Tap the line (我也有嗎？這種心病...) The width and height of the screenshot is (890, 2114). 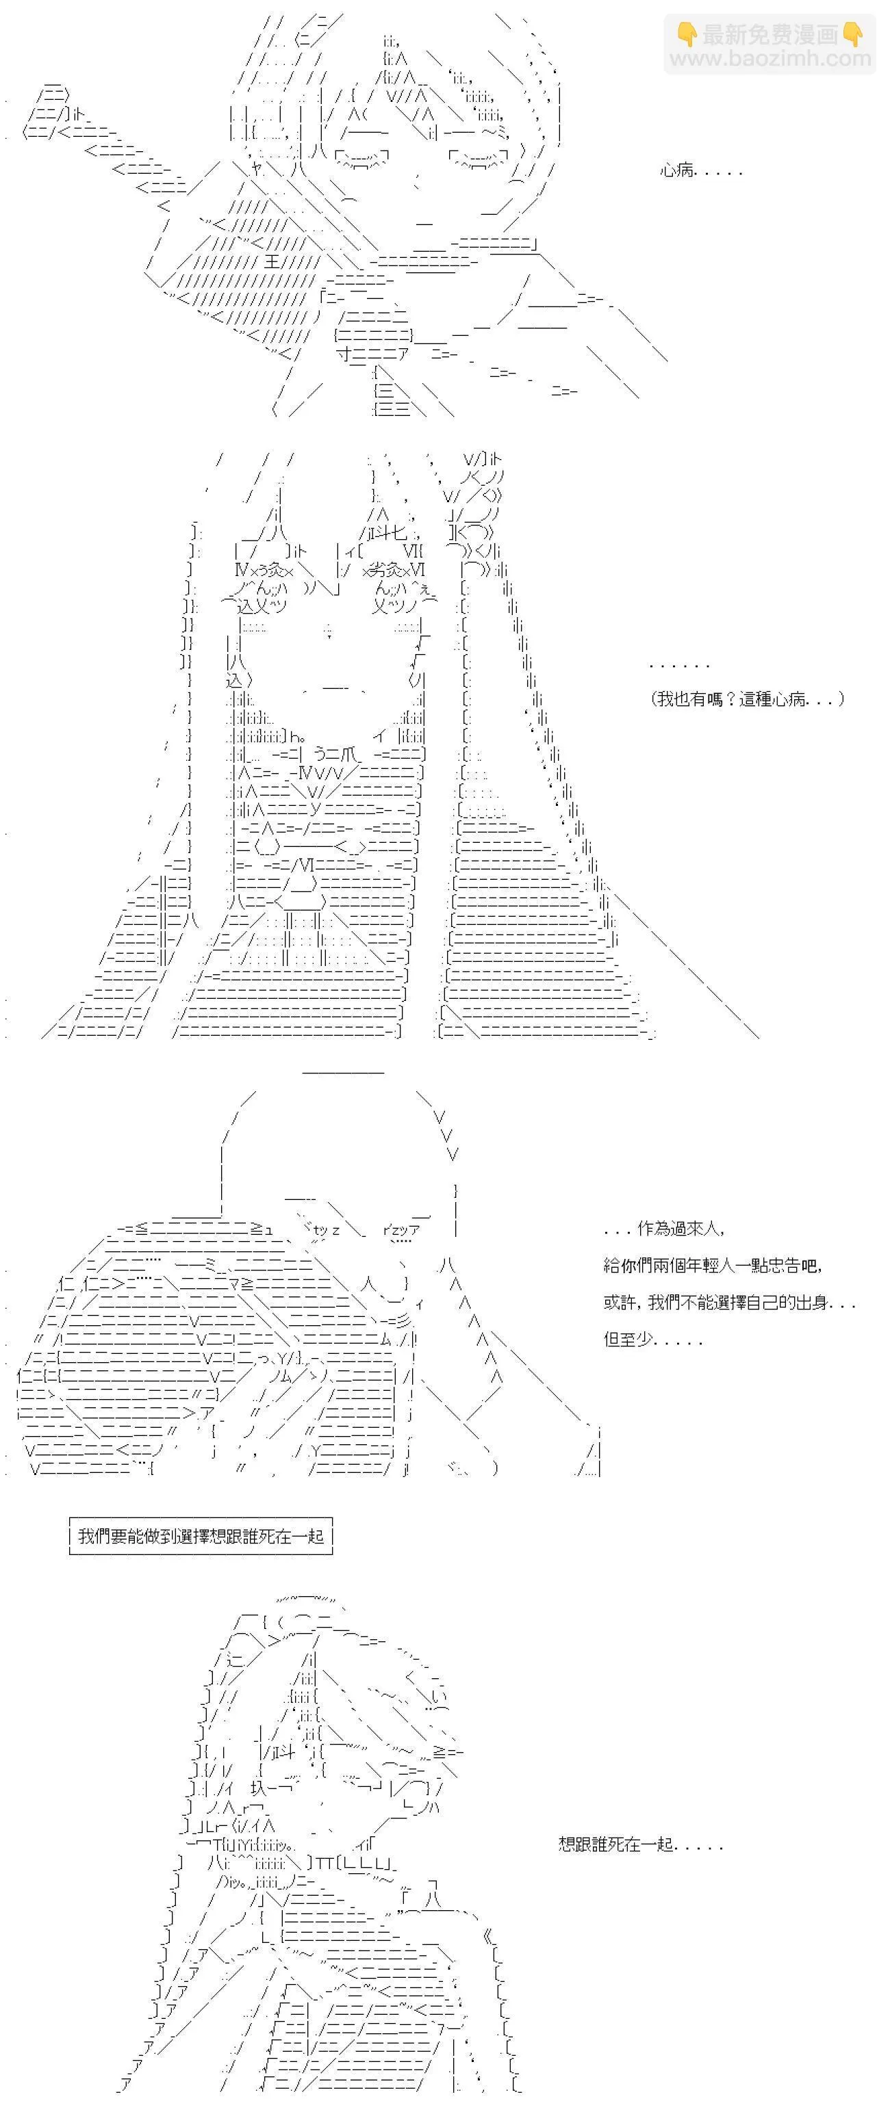click(747, 699)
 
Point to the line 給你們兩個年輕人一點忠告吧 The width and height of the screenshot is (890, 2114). click(713, 1266)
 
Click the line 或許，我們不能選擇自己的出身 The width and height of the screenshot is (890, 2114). click(730, 1303)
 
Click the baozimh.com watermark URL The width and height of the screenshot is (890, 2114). click(770, 58)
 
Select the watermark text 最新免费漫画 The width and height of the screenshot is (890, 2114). click(770, 34)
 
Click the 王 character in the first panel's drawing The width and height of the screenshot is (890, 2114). click(272, 263)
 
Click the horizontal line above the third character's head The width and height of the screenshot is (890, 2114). click(342, 1072)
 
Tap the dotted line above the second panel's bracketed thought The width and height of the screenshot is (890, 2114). click(679, 666)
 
